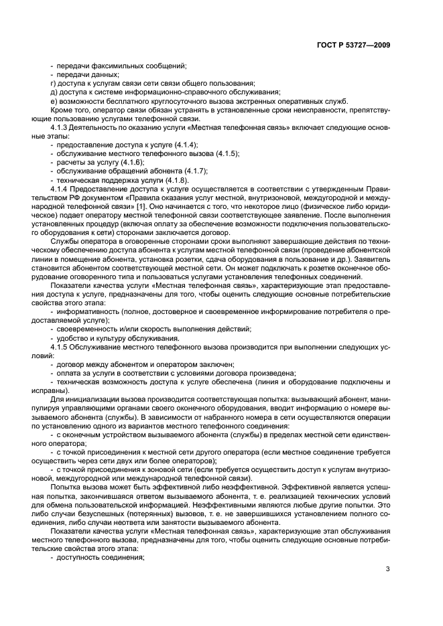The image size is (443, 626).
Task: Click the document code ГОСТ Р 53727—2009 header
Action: (353, 44)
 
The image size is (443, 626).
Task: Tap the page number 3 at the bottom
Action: (387, 570)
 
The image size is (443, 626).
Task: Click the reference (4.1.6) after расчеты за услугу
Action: (133, 163)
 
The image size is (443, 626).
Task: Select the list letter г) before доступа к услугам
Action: (54, 83)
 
